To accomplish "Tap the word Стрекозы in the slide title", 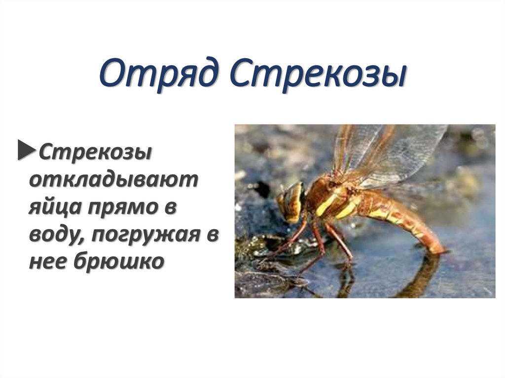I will (x=318, y=73).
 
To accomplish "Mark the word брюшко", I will (x=118, y=262).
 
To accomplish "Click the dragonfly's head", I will (x=290, y=201).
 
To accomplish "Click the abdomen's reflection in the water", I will (x=424, y=276).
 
